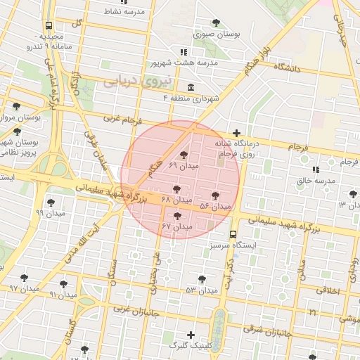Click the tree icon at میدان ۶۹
pos(184,155)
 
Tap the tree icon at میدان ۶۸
pos(176,189)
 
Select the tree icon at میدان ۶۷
pos(177,216)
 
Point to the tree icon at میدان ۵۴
pos(215,195)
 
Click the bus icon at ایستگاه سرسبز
pos(233,235)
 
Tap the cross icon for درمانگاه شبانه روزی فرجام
pos(237,133)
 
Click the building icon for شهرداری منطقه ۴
pos(191,86)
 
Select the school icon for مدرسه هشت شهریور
pos(184,52)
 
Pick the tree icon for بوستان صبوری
pos(216,22)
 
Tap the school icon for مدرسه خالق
pos(315,169)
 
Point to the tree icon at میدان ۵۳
pos(202,279)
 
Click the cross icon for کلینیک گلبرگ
pos(191,334)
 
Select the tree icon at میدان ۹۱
pos(63,284)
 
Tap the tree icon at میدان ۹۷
pos(25,278)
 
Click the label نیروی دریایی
pos(138,82)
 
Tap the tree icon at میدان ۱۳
pos(352,194)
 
